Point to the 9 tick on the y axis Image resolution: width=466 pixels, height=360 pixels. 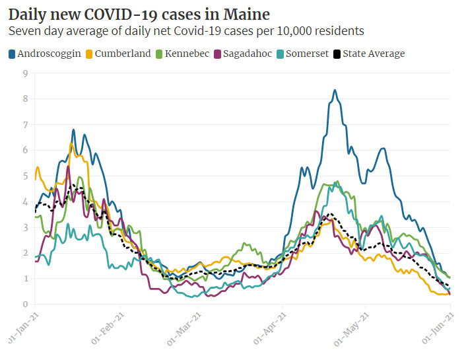click(24, 73)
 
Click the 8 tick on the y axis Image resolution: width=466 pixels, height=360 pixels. click(24, 99)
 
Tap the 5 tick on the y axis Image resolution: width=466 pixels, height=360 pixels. click(24, 176)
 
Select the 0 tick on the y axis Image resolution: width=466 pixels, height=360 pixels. click(24, 305)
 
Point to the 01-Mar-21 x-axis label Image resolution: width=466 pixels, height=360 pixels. click(188, 329)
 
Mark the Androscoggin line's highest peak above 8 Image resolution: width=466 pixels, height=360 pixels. click(335, 90)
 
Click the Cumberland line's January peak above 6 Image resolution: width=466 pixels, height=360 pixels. click(71, 143)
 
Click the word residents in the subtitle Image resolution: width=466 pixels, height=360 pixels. click(340, 31)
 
